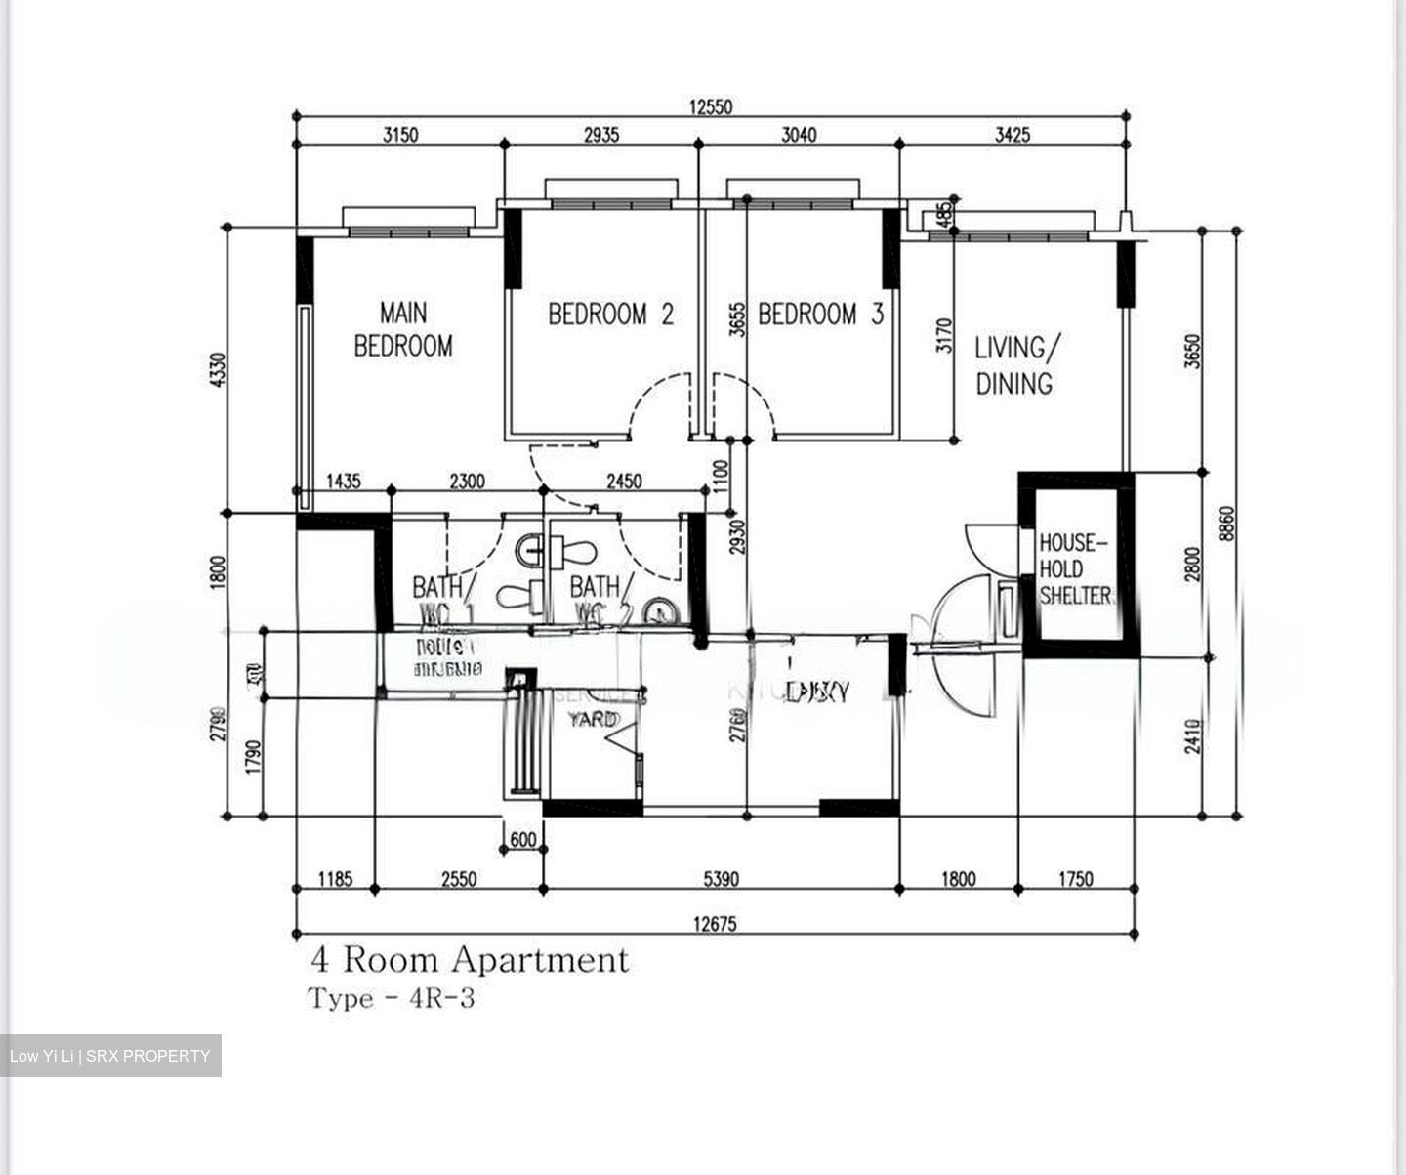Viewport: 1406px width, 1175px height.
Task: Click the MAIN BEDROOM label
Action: click(402, 329)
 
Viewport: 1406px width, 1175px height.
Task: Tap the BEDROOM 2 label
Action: click(610, 315)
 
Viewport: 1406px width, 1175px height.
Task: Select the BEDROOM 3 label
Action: click(820, 315)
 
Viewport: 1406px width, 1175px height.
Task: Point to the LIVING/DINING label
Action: click(1015, 365)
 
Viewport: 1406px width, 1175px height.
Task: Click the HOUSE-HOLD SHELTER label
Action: click(1074, 569)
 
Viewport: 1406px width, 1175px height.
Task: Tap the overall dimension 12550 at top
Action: click(711, 107)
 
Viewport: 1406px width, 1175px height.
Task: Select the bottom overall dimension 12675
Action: click(716, 925)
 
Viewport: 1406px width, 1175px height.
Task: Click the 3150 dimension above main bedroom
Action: click(399, 135)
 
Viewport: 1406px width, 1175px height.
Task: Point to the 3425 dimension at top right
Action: click(1013, 135)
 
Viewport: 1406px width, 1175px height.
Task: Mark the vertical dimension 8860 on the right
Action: click(1227, 523)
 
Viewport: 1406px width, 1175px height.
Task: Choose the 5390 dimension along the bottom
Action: click(721, 880)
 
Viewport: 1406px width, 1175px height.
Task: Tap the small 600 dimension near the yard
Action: click(523, 840)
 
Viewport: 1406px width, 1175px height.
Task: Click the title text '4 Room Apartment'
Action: click(470, 960)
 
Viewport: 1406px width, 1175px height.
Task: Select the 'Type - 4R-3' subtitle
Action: click(392, 999)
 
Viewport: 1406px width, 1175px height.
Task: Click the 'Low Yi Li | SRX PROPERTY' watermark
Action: click(110, 1056)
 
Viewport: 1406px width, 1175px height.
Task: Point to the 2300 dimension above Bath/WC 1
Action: click(467, 481)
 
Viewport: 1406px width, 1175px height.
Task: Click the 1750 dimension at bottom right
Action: click(1076, 880)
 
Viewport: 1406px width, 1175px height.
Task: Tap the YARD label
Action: click(593, 719)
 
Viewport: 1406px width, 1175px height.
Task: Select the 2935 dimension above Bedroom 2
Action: click(601, 135)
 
